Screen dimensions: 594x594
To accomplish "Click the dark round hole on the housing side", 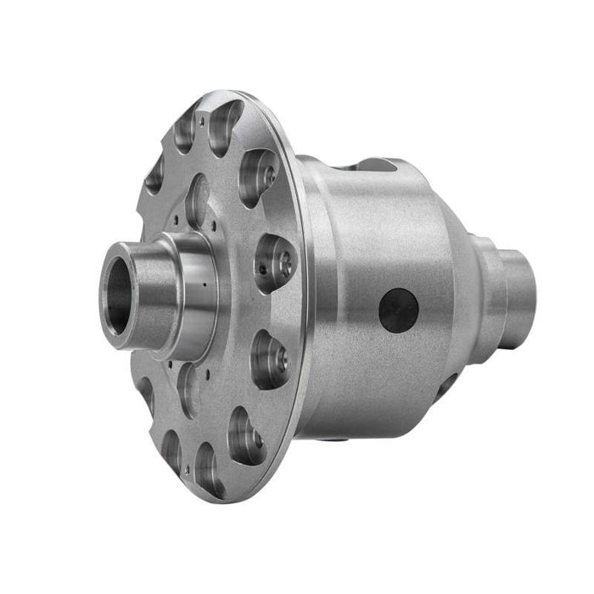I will tap(398, 310).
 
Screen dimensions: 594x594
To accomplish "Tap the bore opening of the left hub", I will tap(118, 299).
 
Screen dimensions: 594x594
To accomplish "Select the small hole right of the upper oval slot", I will tap(216, 227).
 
